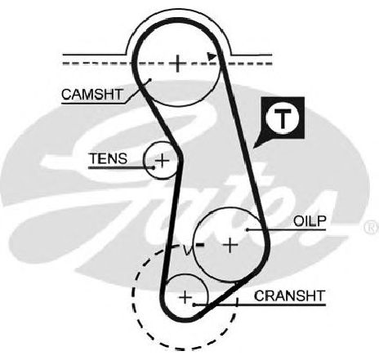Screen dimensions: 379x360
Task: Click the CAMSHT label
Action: tap(92, 95)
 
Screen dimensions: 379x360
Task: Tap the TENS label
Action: tap(109, 158)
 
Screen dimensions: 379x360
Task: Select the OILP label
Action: tap(310, 221)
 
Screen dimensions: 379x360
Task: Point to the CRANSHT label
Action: tap(290, 296)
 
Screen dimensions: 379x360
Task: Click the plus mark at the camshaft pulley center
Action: tap(178, 64)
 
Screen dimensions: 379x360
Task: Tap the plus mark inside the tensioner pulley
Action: tap(162, 160)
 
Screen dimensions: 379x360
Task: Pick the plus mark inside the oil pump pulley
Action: tap(230, 245)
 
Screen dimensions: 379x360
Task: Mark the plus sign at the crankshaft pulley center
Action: tap(185, 296)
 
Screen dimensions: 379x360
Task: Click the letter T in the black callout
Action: tap(283, 118)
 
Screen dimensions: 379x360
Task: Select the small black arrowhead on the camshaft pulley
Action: tap(212, 56)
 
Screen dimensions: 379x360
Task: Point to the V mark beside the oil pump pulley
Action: tap(188, 251)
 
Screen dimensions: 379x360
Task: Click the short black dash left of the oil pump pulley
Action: tap(200, 245)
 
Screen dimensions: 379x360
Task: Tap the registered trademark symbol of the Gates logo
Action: tap(372, 228)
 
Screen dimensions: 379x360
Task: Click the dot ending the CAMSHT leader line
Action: tap(149, 80)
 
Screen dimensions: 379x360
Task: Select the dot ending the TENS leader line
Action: tap(154, 167)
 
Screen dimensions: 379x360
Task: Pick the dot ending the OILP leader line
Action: tap(247, 230)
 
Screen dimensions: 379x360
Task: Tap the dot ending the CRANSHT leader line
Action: tap(194, 304)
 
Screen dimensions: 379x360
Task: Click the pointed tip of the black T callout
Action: tap(253, 148)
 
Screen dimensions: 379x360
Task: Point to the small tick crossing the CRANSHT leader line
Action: tap(237, 303)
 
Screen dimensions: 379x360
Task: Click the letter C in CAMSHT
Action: tap(67, 95)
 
